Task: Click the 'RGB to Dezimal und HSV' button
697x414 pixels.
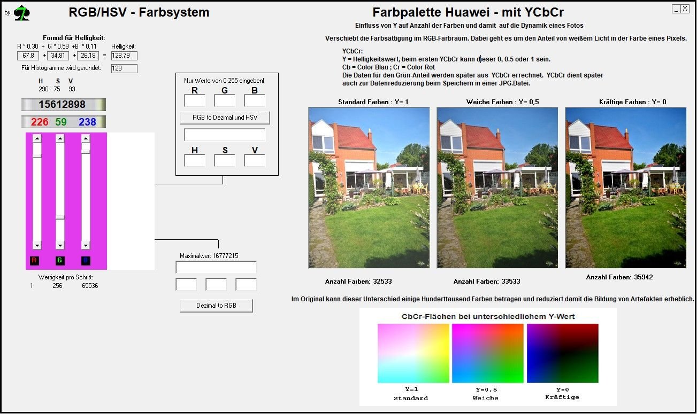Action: [225, 118]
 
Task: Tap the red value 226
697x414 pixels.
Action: [40, 122]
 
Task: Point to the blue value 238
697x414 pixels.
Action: [87, 122]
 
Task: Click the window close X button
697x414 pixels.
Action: [685, 9]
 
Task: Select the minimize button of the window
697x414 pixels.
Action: [676, 9]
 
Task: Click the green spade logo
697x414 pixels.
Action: [22, 13]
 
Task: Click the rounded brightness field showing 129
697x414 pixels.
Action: [124, 68]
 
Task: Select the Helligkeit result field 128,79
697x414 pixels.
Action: [124, 56]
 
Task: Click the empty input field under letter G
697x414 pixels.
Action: [225, 101]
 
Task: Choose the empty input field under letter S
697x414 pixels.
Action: [225, 160]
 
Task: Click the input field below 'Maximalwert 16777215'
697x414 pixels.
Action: [216, 267]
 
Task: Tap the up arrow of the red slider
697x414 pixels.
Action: [37, 138]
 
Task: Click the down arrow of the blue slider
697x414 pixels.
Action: [86, 246]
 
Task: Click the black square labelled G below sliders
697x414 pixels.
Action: [60, 261]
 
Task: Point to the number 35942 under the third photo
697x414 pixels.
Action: [643, 277]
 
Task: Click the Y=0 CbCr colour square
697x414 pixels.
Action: [563, 353]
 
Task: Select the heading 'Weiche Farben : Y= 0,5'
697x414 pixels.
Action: [502, 102]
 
